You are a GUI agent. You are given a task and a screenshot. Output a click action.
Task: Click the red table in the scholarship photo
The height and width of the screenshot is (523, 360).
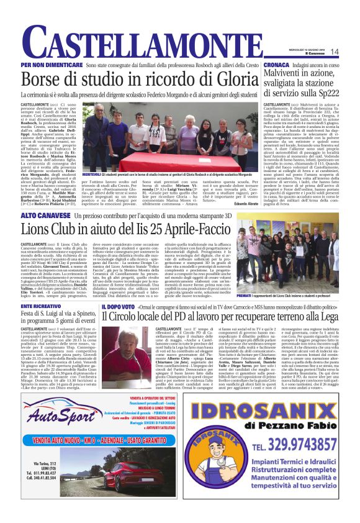tap(186, 165)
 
